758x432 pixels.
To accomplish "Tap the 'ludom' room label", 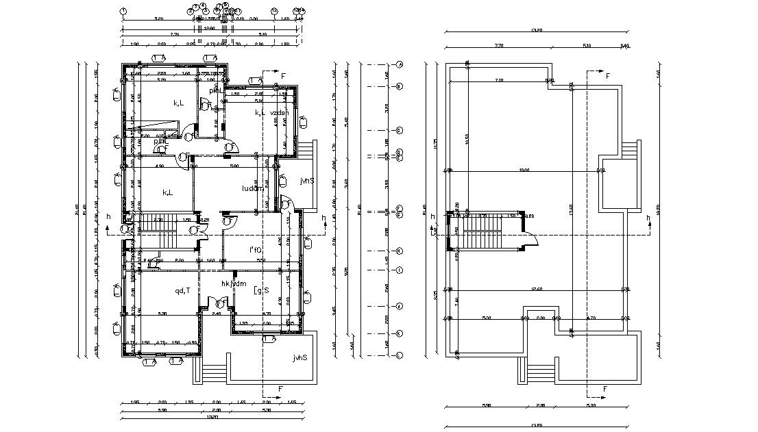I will [252, 188].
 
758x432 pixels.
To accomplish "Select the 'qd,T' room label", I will [182, 290].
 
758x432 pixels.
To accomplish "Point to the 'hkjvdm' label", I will [233, 283].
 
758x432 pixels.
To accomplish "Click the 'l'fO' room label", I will [256, 251].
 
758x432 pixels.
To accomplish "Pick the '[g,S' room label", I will [260, 291].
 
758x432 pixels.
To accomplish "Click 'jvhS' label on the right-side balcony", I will [306, 181].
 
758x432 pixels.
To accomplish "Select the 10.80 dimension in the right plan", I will [524, 169].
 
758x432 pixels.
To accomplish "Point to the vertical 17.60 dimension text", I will [570, 205].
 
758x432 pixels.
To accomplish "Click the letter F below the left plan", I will [281, 389].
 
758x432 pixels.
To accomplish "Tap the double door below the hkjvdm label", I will [221, 302].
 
